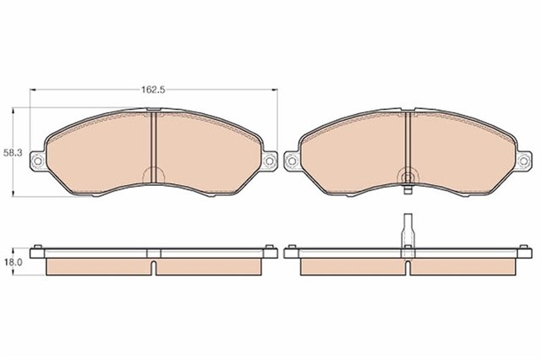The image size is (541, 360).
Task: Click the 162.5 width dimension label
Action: click(154, 90)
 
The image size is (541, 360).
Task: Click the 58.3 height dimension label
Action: click(13, 153)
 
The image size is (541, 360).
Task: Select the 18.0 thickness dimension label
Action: click(13, 262)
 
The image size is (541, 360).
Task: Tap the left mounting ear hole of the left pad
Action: click(37, 160)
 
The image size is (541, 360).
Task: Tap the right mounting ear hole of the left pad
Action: click(270, 161)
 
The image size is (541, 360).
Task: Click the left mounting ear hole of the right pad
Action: click(292, 161)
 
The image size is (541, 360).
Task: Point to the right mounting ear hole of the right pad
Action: click(523, 161)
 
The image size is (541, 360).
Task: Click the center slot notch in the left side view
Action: click(154, 268)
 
